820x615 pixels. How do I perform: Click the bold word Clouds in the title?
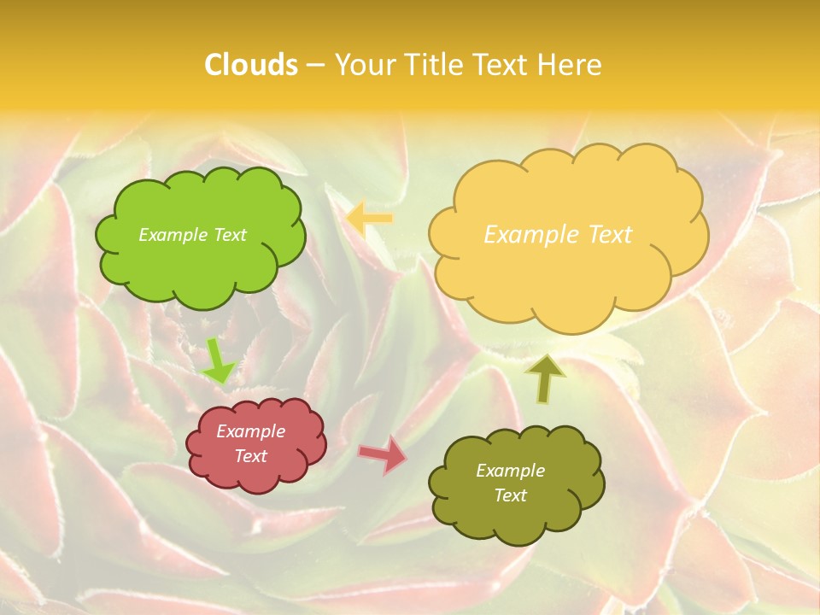pos(251,65)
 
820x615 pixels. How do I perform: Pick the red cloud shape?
pos(256,474)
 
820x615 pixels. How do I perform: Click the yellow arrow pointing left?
pos(369,220)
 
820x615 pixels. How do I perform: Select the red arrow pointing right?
pos(383,454)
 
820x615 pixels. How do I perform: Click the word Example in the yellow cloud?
pos(531,235)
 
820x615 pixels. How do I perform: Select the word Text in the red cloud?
pos(250,456)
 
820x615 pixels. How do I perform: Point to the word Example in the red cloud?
pos(250,431)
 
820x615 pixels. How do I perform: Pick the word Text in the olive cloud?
pos(510,495)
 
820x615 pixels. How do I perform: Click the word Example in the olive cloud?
pos(510,471)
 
